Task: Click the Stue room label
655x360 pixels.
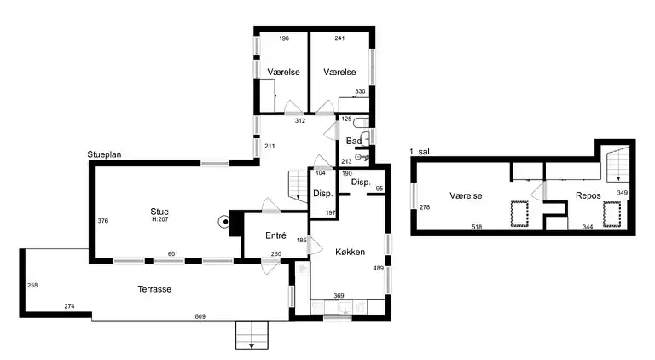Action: coord(159,212)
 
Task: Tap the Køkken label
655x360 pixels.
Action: coord(350,252)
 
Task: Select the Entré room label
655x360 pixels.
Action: coord(275,235)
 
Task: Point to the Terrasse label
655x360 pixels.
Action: coord(154,289)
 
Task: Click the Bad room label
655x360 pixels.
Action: coord(353,141)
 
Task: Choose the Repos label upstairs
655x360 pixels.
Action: coord(588,195)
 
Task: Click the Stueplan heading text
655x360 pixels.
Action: coord(104,154)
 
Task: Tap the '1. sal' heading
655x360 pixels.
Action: coord(420,152)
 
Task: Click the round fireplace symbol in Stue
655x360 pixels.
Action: coord(224,222)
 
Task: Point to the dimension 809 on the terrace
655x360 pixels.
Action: coord(200,316)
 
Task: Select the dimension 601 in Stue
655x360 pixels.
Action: coord(173,254)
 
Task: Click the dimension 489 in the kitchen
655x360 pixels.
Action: coord(378,268)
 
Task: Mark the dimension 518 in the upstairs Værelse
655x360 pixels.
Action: coord(477,227)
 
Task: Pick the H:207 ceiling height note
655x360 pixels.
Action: coord(160,219)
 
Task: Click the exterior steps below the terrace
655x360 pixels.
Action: coord(252,335)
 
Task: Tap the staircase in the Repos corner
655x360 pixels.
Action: coord(617,164)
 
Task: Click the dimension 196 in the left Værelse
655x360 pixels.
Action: coord(284,38)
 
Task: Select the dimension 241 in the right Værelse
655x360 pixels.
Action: coord(339,38)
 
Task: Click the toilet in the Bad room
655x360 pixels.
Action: coord(362,123)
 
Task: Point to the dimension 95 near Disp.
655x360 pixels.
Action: coord(380,189)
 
